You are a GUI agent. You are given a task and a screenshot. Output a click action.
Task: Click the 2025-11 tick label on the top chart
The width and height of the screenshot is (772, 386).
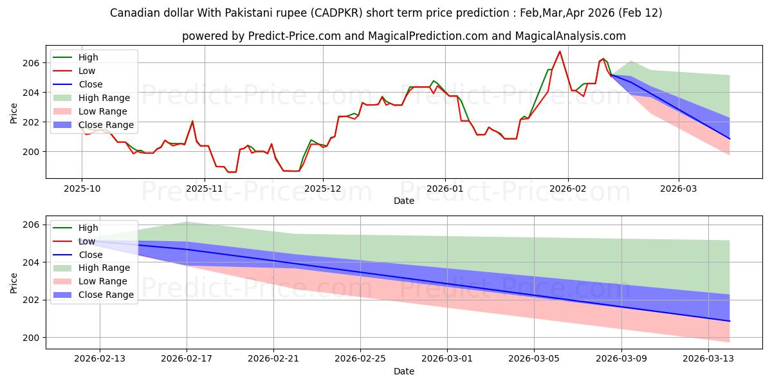[x=205, y=188]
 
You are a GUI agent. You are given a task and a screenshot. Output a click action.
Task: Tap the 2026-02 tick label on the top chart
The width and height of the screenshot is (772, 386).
[x=568, y=188]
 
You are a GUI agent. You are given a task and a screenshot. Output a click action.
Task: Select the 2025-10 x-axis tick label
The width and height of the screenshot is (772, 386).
[x=81, y=188]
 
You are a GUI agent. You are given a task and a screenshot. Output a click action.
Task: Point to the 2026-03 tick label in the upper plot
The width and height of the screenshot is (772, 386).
[x=679, y=188]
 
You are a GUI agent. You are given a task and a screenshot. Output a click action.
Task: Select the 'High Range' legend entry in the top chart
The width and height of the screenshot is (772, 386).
[x=104, y=98]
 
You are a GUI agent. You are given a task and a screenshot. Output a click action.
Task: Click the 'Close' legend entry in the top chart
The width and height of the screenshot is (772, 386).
[x=90, y=84]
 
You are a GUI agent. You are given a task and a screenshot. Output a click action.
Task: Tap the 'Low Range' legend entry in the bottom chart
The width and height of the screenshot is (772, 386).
[x=102, y=281]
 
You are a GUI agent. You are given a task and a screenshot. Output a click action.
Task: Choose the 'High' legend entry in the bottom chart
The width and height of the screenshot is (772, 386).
[x=88, y=228]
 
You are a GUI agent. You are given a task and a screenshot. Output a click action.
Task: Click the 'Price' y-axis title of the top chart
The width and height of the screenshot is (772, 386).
[x=14, y=113]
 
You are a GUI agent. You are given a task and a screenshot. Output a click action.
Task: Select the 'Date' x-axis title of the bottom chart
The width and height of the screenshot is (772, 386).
[x=404, y=371]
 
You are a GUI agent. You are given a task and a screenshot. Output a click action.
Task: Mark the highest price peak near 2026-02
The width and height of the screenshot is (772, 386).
[x=560, y=51]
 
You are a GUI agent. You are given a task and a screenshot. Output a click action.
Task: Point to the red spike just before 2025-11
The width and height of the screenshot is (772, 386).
[x=192, y=121]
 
